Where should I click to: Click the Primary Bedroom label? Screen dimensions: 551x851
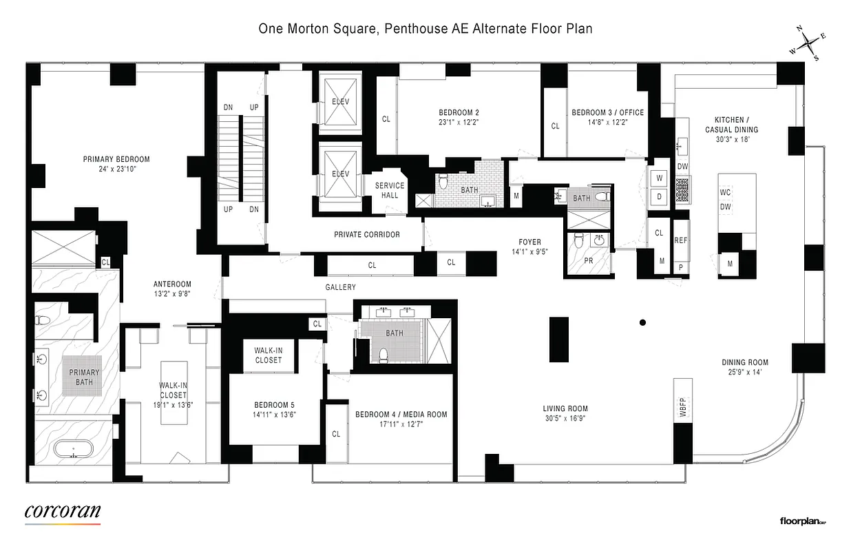(116, 159)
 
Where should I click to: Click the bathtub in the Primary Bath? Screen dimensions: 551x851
(75, 452)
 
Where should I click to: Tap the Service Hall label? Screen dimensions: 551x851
(390, 190)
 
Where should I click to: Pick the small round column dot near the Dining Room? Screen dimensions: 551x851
(642, 322)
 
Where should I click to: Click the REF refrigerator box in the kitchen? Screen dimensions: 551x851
(681, 240)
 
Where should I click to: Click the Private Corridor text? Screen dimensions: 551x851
(367, 235)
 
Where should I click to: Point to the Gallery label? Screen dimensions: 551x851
(340, 287)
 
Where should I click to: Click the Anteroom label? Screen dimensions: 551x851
(171, 284)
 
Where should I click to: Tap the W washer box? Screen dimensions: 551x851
(659, 178)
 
